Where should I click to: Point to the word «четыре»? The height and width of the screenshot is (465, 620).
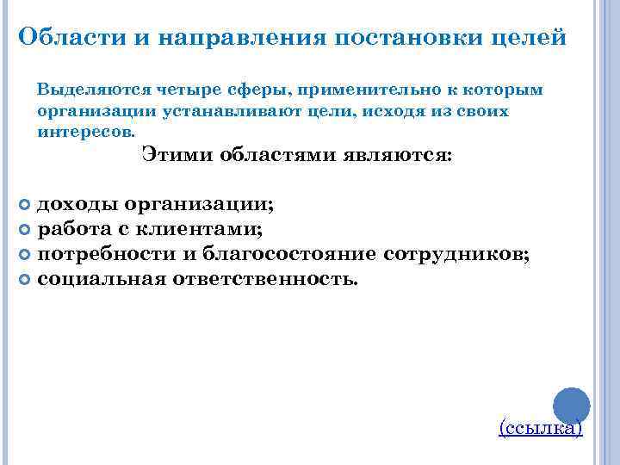[x=184, y=90]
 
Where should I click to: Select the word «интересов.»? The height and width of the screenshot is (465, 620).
[x=86, y=133]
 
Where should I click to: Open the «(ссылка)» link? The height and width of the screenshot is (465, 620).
[x=541, y=428]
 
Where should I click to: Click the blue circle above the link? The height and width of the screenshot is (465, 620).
[x=569, y=406]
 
